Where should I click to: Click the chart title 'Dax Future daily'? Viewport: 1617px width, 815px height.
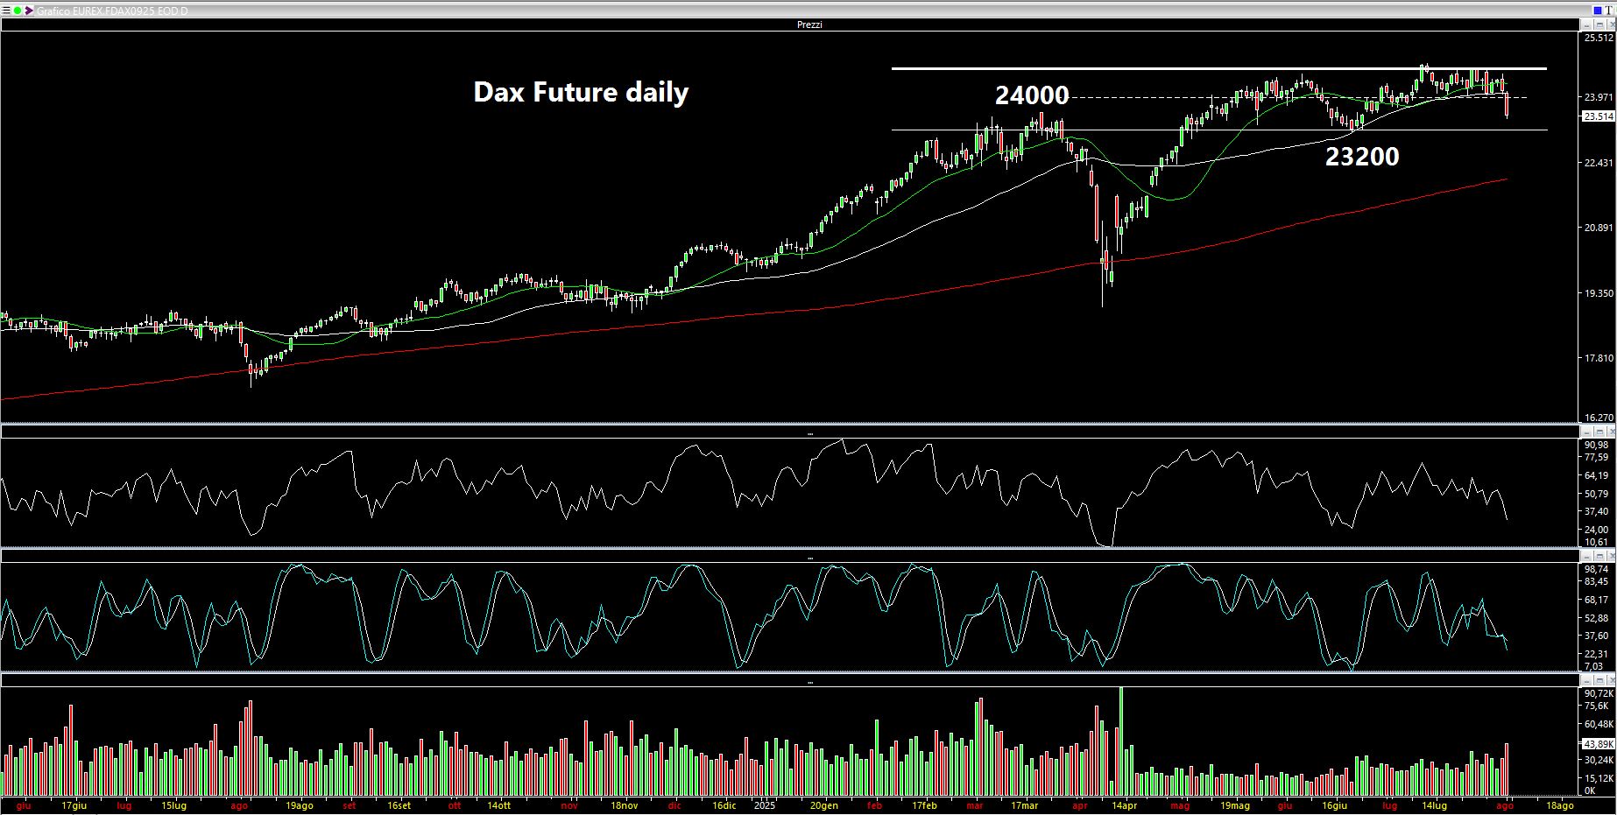pyautogui.click(x=581, y=92)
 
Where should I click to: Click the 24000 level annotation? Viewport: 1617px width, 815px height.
pyautogui.click(x=1031, y=95)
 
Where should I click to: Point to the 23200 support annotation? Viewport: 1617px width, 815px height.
pyautogui.click(x=1361, y=157)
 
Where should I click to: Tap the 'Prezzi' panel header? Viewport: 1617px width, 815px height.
pyautogui.click(x=809, y=25)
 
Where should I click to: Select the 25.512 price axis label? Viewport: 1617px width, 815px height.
pyautogui.click(x=1599, y=38)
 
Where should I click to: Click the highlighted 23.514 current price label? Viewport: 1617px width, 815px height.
pyautogui.click(x=1599, y=116)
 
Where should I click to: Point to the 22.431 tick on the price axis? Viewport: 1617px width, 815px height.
pyautogui.click(x=1599, y=163)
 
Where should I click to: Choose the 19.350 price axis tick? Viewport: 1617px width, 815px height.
pyautogui.click(x=1599, y=293)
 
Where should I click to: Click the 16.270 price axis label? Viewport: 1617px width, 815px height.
pyautogui.click(x=1599, y=418)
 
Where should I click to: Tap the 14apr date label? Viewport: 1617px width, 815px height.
pyautogui.click(x=1124, y=805)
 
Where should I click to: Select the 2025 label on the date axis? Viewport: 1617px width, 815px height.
pyautogui.click(x=765, y=805)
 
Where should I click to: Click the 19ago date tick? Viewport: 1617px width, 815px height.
pyautogui.click(x=300, y=805)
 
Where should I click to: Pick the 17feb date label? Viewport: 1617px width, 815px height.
pyautogui.click(x=924, y=805)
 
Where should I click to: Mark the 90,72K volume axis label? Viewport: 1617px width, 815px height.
pyautogui.click(x=1599, y=692)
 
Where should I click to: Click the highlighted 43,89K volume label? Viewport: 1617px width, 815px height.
pyautogui.click(x=1599, y=743)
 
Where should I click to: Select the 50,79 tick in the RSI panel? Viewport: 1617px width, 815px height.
pyautogui.click(x=1597, y=494)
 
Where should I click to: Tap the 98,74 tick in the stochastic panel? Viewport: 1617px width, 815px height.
pyautogui.click(x=1597, y=569)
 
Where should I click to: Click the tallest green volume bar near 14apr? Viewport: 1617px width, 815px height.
pyautogui.click(x=1121, y=740)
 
